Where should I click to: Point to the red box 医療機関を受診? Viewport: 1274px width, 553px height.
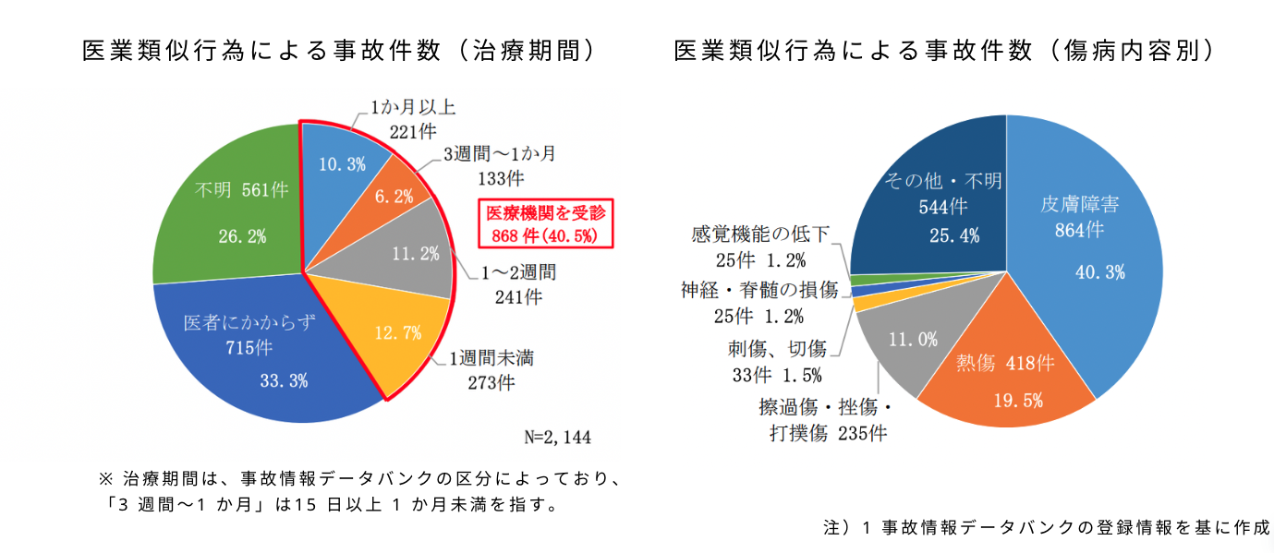coord(545,223)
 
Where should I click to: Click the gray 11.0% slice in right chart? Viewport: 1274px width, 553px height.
coord(910,342)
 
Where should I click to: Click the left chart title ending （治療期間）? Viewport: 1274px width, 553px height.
coord(337,51)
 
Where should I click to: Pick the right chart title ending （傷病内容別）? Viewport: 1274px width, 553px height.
coord(943,51)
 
